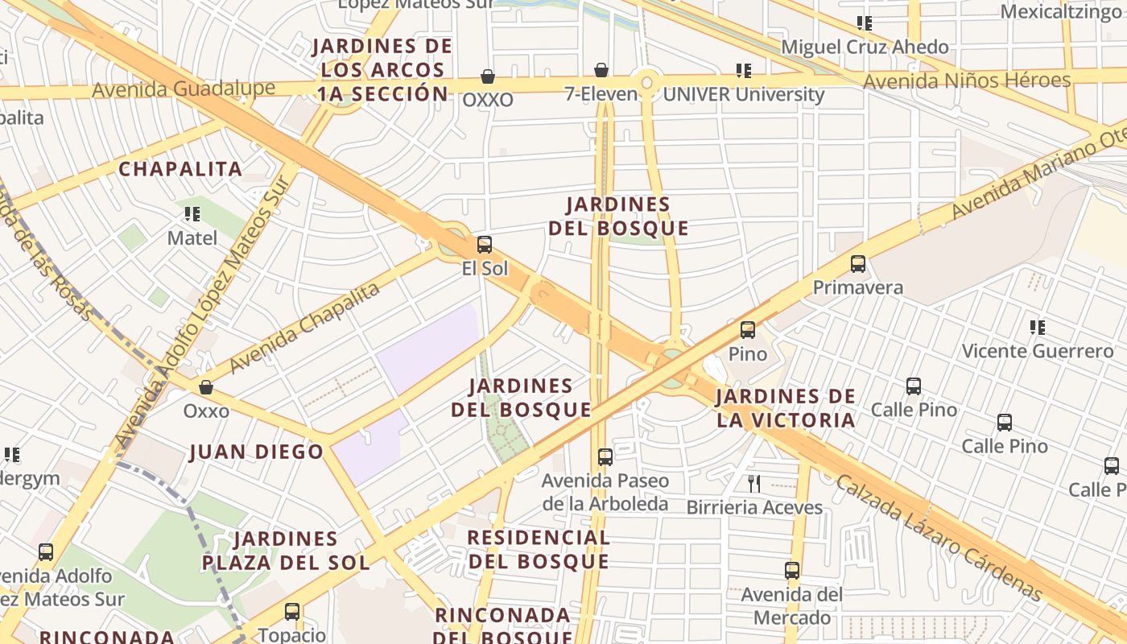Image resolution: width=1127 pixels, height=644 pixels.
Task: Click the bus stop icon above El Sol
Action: point(484,245)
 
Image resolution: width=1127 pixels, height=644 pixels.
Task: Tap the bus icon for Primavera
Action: point(858,264)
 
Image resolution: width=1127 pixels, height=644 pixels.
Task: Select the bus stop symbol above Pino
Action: point(748,330)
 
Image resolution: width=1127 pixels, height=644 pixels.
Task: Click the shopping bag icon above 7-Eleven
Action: point(601,70)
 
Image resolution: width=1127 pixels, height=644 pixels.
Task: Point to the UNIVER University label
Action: point(743,94)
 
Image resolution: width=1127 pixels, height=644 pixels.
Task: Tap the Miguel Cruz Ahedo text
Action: point(865,47)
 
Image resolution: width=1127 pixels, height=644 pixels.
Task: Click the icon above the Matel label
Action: point(192,214)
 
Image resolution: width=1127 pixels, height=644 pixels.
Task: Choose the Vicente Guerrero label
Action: point(1038,351)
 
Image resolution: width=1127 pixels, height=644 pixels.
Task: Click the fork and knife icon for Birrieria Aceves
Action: point(754,483)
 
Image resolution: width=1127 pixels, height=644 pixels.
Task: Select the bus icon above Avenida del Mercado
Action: point(792,571)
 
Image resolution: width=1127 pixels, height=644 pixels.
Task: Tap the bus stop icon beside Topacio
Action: point(292,612)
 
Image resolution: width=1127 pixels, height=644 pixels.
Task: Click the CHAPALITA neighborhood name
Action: point(180,169)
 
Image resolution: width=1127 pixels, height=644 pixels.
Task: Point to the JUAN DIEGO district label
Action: point(256,452)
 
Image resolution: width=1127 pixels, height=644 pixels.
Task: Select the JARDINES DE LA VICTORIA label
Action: point(785,408)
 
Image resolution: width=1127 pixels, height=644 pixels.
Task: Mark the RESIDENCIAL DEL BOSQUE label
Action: point(538,549)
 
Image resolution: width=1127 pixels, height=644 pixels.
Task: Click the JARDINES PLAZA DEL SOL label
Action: point(286,551)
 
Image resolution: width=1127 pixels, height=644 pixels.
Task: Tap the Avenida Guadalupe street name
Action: point(184,88)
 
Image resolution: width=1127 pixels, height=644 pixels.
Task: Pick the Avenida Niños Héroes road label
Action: point(966,80)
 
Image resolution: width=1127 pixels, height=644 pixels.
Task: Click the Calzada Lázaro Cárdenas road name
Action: point(939,539)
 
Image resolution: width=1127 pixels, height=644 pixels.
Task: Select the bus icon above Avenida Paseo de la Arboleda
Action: point(605,457)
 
